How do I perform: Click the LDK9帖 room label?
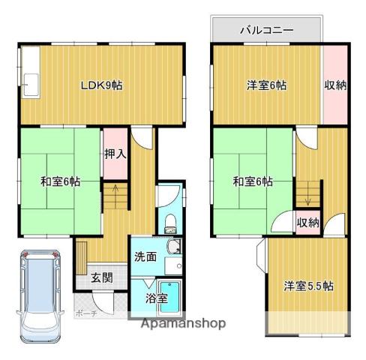[101, 85]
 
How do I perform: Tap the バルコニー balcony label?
[266, 31]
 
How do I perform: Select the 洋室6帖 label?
[266, 85]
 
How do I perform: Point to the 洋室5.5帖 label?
[308, 286]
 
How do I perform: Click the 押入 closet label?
[115, 154]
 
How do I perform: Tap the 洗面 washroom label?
[145, 256]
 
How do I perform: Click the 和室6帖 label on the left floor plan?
[60, 181]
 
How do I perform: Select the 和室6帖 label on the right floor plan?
[252, 181]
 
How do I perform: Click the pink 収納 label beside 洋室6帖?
[335, 85]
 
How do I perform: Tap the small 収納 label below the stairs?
[307, 222]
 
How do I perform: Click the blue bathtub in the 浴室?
[169, 298]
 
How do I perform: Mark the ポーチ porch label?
[85, 313]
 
